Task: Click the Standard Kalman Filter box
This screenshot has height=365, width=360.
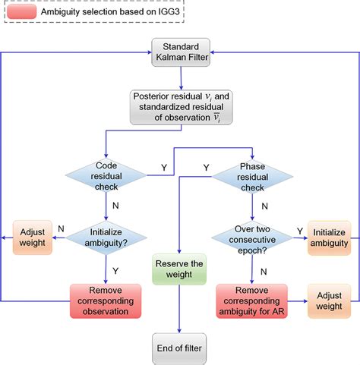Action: [x=180, y=52]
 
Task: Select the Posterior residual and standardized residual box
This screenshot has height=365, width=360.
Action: [x=180, y=109]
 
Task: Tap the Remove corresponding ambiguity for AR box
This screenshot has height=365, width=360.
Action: [x=252, y=300]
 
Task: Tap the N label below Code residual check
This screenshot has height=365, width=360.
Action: [x=115, y=205]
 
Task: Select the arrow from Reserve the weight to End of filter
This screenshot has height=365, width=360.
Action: [x=179, y=307]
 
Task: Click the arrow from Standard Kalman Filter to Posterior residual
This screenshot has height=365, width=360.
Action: [x=180, y=78]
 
